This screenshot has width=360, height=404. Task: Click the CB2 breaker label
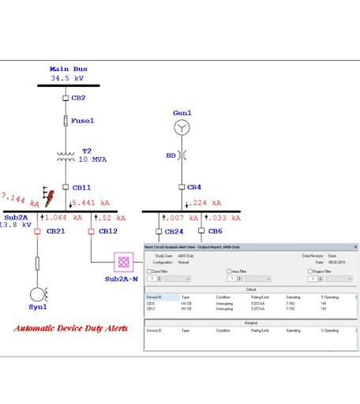pyautogui.click(x=79, y=98)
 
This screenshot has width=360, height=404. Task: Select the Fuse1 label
pyautogui.click(x=83, y=121)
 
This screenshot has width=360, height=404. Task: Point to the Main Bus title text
pyautogui.click(x=69, y=69)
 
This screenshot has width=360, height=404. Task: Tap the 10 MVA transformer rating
pyautogui.click(x=95, y=159)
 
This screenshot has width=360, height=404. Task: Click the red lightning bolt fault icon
pyautogui.click(x=49, y=197)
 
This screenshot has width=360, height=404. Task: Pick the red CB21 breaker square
pyautogui.click(x=37, y=231)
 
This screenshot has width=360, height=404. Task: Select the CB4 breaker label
pyautogui.click(x=194, y=187)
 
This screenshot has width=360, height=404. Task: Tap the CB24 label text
pyautogui.click(x=173, y=231)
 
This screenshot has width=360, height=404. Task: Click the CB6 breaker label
pyautogui.click(x=215, y=231)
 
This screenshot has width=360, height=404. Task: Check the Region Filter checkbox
pyautogui.click(x=306, y=271)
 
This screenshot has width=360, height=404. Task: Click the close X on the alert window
pyautogui.click(x=354, y=247)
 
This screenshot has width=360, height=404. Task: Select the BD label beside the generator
pyautogui.click(x=171, y=156)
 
